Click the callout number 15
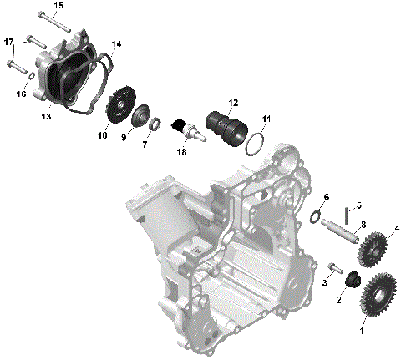pos(58,6)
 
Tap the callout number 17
pos(8,42)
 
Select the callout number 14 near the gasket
pos(115,43)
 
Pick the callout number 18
pos(182,152)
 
